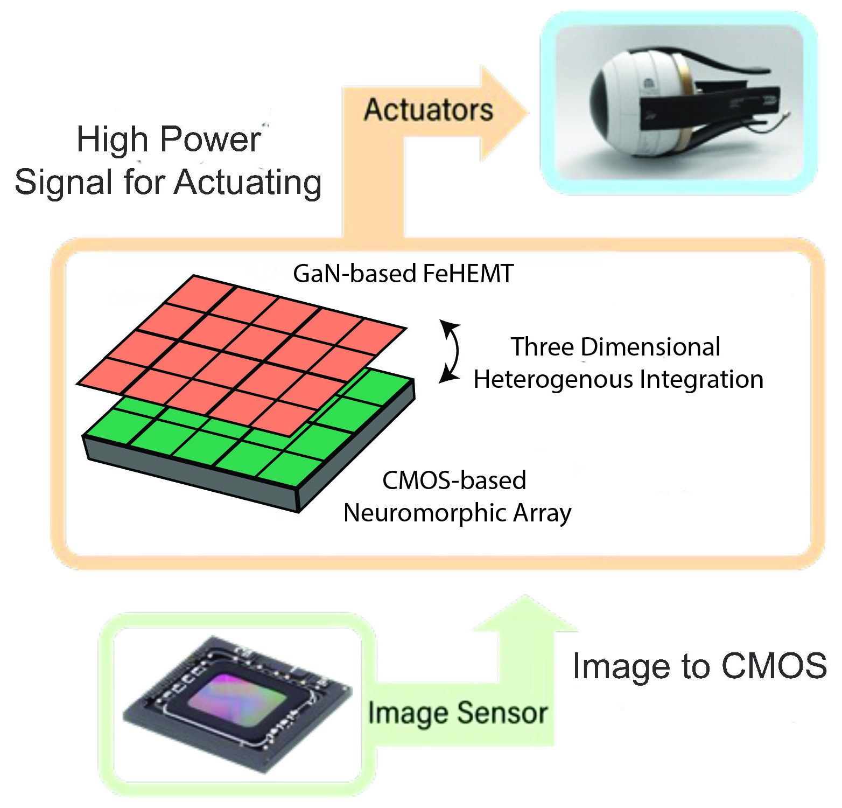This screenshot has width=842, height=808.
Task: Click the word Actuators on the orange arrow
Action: (x=429, y=110)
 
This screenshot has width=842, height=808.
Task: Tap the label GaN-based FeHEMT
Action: (x=403, y=274)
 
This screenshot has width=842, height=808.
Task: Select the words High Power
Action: (x=169, y=140)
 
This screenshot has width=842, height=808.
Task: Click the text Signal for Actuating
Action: (x=168, y=182)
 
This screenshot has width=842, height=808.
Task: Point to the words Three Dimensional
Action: (x=615, y=347)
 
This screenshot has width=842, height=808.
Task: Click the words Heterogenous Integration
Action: (x=619, y=379)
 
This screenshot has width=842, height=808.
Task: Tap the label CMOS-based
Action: (x=454, y=480)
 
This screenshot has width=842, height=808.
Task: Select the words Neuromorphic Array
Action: (x=457, y=513)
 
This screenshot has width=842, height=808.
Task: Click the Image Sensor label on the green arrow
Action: (x=458, y=713)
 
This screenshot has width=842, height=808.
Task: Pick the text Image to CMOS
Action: (x=700, y=666)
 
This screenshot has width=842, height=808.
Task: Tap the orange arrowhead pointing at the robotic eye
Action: (x=503, y=113)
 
